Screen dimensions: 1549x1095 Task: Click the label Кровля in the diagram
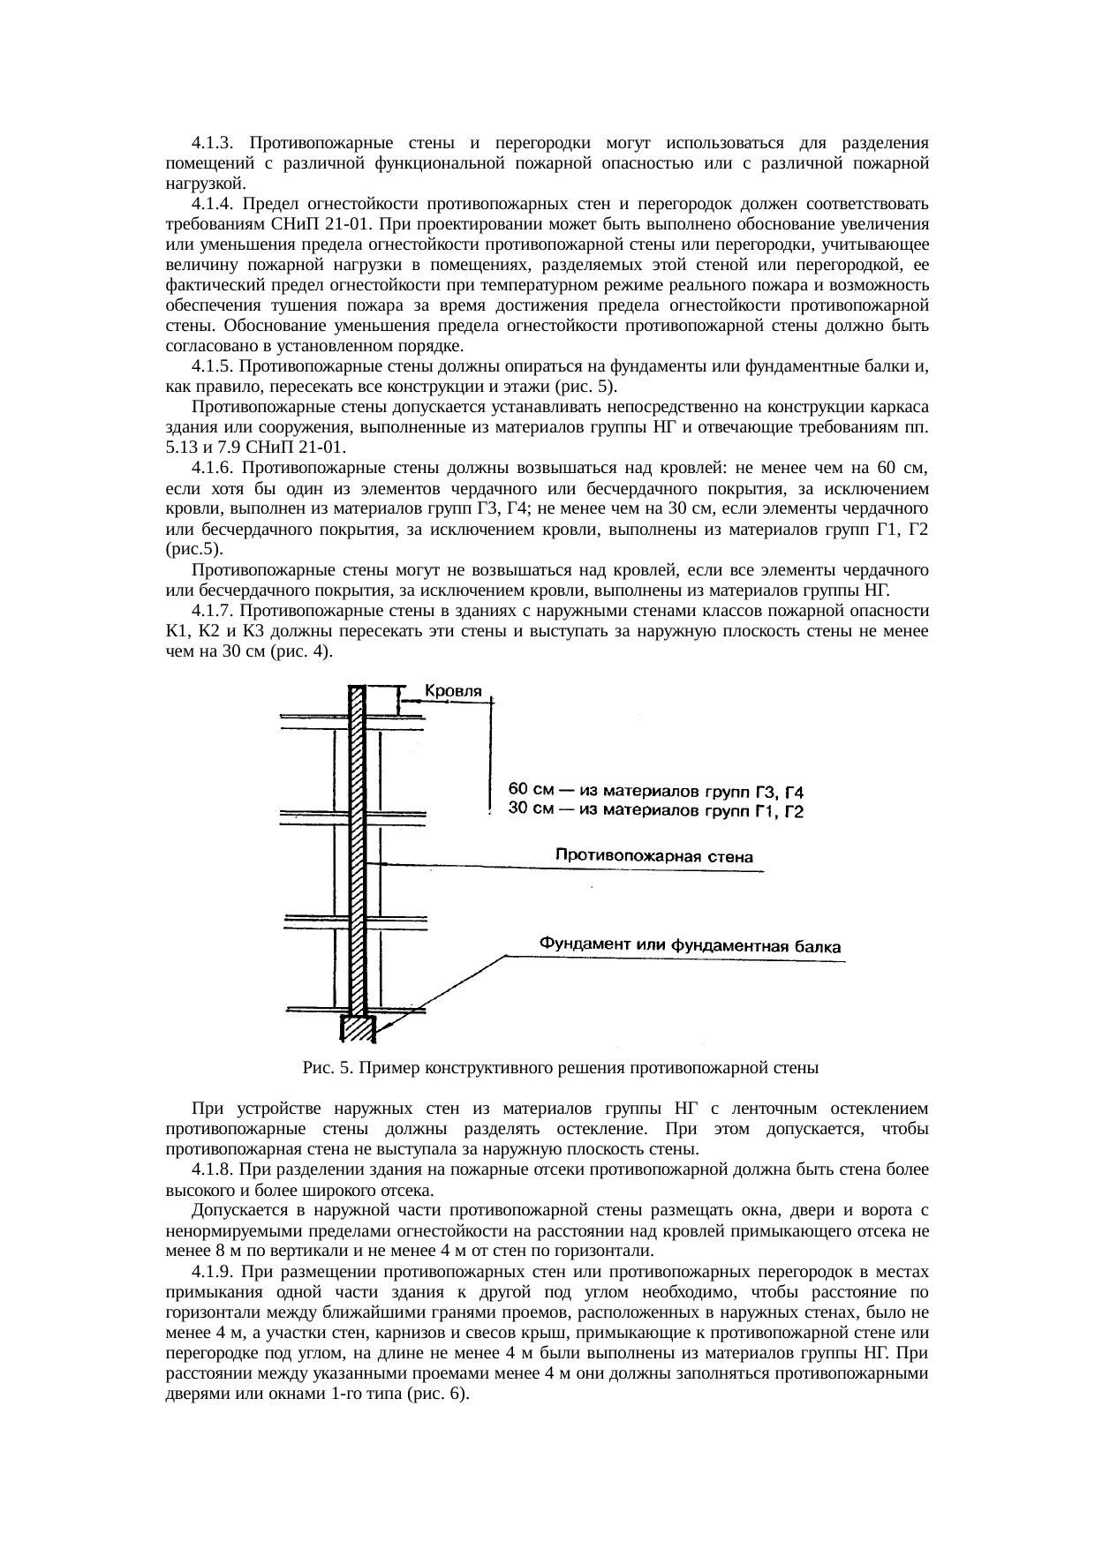coord(454,691)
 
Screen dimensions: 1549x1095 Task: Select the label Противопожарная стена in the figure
coord(654,855)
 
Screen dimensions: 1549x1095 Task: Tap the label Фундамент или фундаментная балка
coord(691,946)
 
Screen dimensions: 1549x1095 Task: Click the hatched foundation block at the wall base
coord(358,1029)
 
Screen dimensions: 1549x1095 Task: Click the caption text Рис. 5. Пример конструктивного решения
coord(561,1068)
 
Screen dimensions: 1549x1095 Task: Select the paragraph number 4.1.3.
coord(212,142)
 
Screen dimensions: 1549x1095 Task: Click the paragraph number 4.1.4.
coord(212,204)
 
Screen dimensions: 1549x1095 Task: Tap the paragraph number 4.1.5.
coord(212,365)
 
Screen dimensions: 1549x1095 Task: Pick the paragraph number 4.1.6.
coord(212,468)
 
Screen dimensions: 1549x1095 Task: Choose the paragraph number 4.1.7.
coord(212,611)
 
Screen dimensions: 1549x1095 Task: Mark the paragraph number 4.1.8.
coord(212,1170)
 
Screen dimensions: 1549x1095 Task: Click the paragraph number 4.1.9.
coord(212,1273)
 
